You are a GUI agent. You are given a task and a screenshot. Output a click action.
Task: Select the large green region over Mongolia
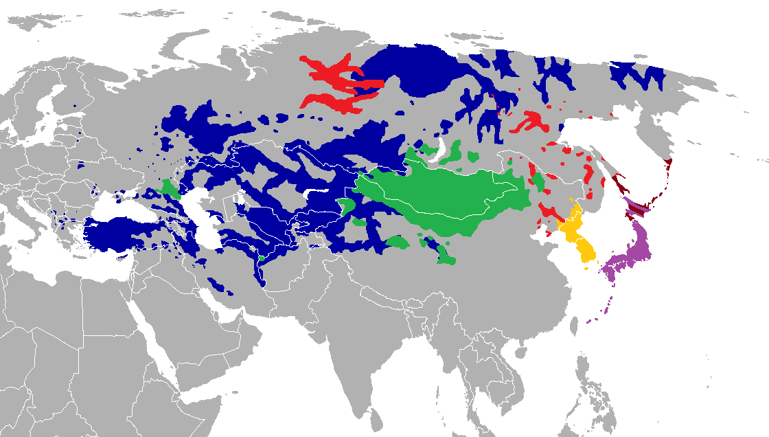tap(446, 199)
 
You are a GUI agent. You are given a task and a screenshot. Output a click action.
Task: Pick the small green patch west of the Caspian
tap(168, 189)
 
